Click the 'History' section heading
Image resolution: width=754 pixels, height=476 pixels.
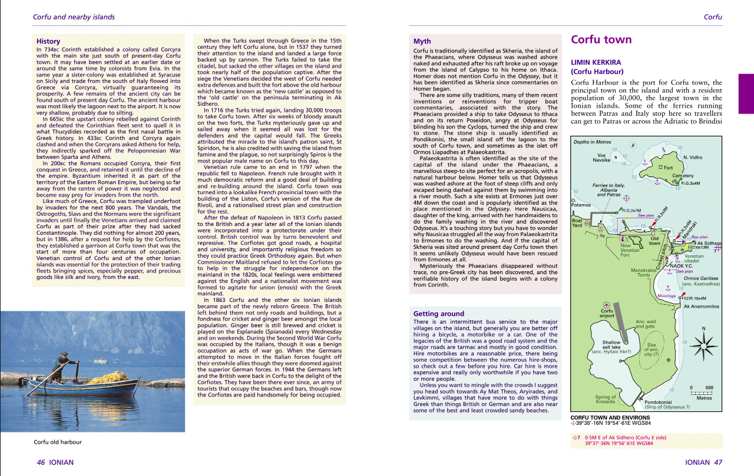coord(48,41)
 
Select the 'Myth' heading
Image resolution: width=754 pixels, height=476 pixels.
coord(422,41)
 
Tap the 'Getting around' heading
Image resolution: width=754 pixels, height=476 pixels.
coord(439,314)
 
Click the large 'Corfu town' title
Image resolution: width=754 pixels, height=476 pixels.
coord(601,40)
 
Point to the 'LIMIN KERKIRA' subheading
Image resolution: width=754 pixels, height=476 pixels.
coord(596,62)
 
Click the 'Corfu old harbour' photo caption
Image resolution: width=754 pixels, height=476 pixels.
coord(58,442)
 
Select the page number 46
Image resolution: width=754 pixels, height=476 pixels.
coord(41,462)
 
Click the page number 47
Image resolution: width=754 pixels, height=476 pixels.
coord(717,462)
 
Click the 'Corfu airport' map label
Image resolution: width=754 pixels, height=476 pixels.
coord(607,313)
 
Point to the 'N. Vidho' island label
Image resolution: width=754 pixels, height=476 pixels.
coord(693,158)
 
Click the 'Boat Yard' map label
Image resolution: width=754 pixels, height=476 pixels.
coord(578,224)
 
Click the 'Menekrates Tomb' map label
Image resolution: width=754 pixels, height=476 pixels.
coord(643,272)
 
